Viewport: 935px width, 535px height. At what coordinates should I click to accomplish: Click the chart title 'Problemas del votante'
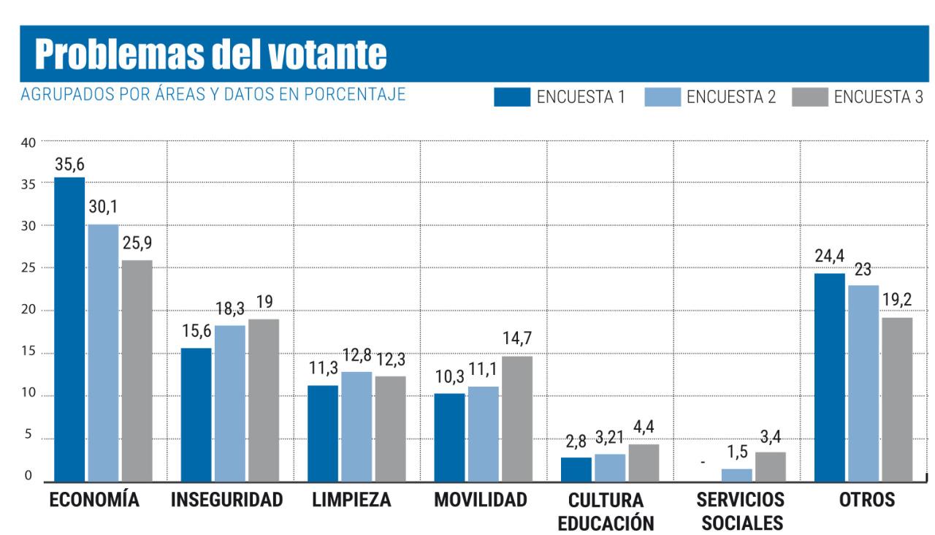(210, 54)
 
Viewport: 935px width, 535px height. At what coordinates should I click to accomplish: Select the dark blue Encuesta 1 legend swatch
(511, 96)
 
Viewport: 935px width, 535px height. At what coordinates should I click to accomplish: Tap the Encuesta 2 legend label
(731, 96)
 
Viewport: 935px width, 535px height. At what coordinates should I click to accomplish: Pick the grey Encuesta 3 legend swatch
(809, 96)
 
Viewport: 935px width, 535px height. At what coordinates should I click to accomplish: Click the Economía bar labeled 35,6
(69, 329)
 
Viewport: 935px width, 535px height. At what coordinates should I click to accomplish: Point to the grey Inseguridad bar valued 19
(263, 400)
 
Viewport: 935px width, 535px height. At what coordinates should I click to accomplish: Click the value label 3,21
(609, 439)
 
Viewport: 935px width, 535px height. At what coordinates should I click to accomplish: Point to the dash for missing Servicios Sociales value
(703, 463)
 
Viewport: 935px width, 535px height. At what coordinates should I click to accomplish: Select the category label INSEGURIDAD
(226, 501)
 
